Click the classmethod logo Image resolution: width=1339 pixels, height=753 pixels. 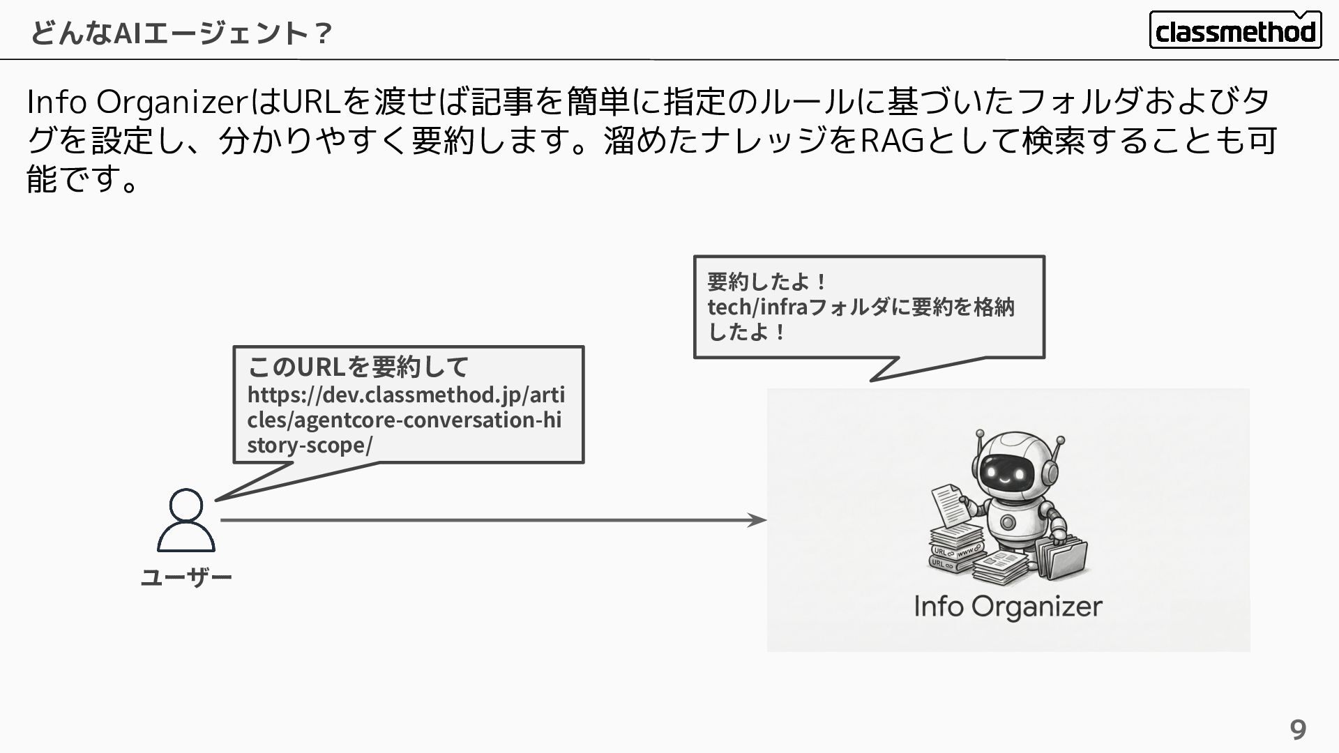pyautogui.click(x=1235, y=30)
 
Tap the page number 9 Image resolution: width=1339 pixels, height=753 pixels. pyautogui.click(x=1297, y=729)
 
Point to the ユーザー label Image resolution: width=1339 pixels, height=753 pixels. pyautogui.click(x=186, y=577)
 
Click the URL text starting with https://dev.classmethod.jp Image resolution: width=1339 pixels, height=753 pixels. pyautogui.click(x=405, y=420)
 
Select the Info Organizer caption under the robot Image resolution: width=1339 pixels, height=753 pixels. pyautogui.click(x=1008, y=607)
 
